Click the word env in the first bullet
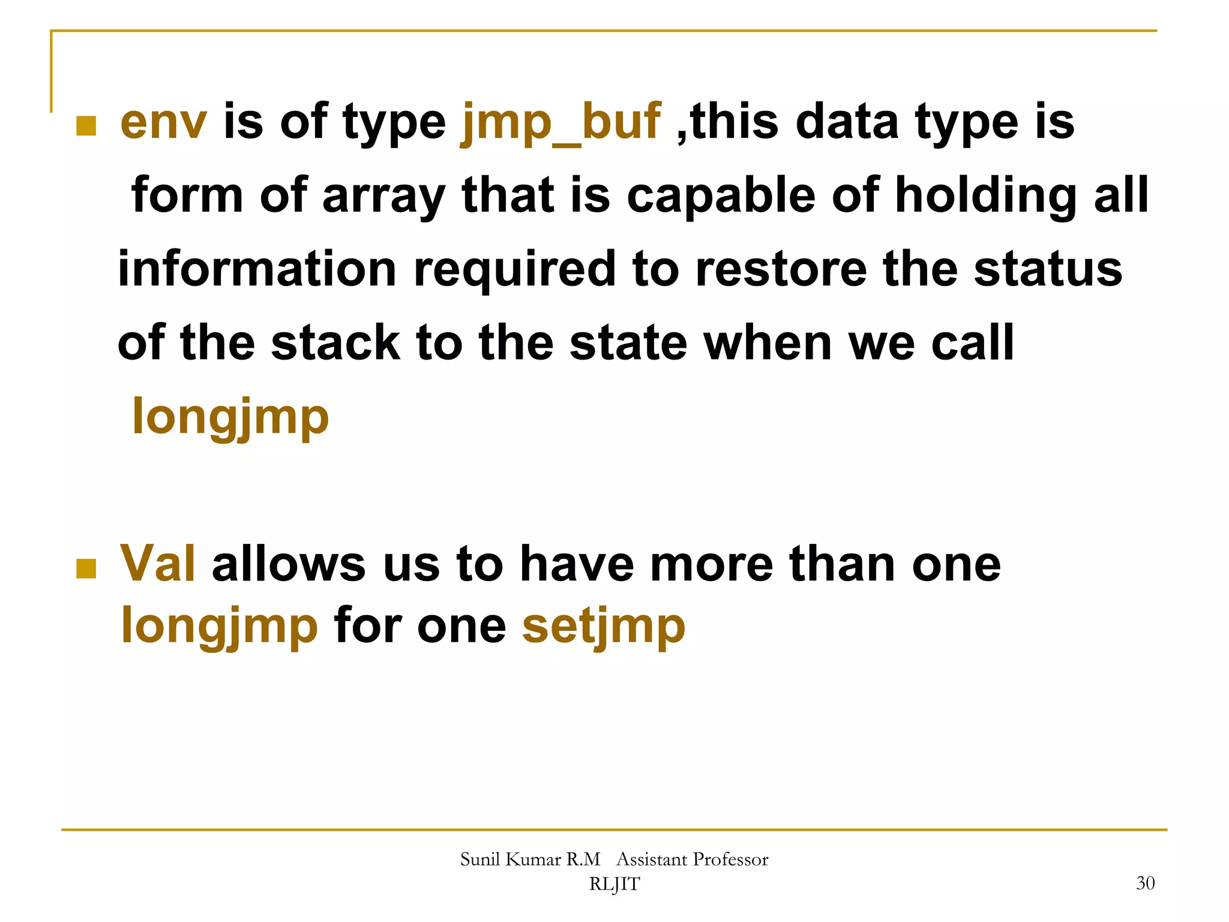pos(163,123)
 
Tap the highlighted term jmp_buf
pos(560,123)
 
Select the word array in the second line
pos(384,197)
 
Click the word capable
pos(721,197)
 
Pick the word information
pos(257,269)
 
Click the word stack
pos(335,343)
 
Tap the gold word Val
pos(158,564)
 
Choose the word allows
pos(289,564)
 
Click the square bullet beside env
pos(86,126)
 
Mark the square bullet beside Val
pos(86,568)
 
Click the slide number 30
pos(1145,883)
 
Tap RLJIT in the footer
pos(614,884)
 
